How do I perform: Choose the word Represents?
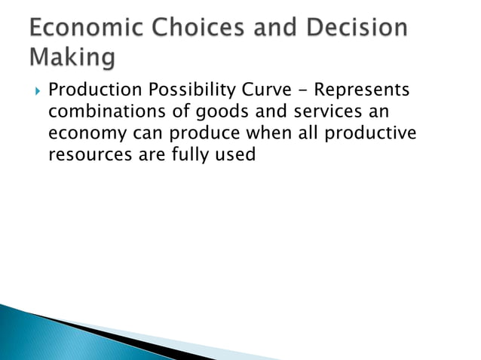[363, 91]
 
